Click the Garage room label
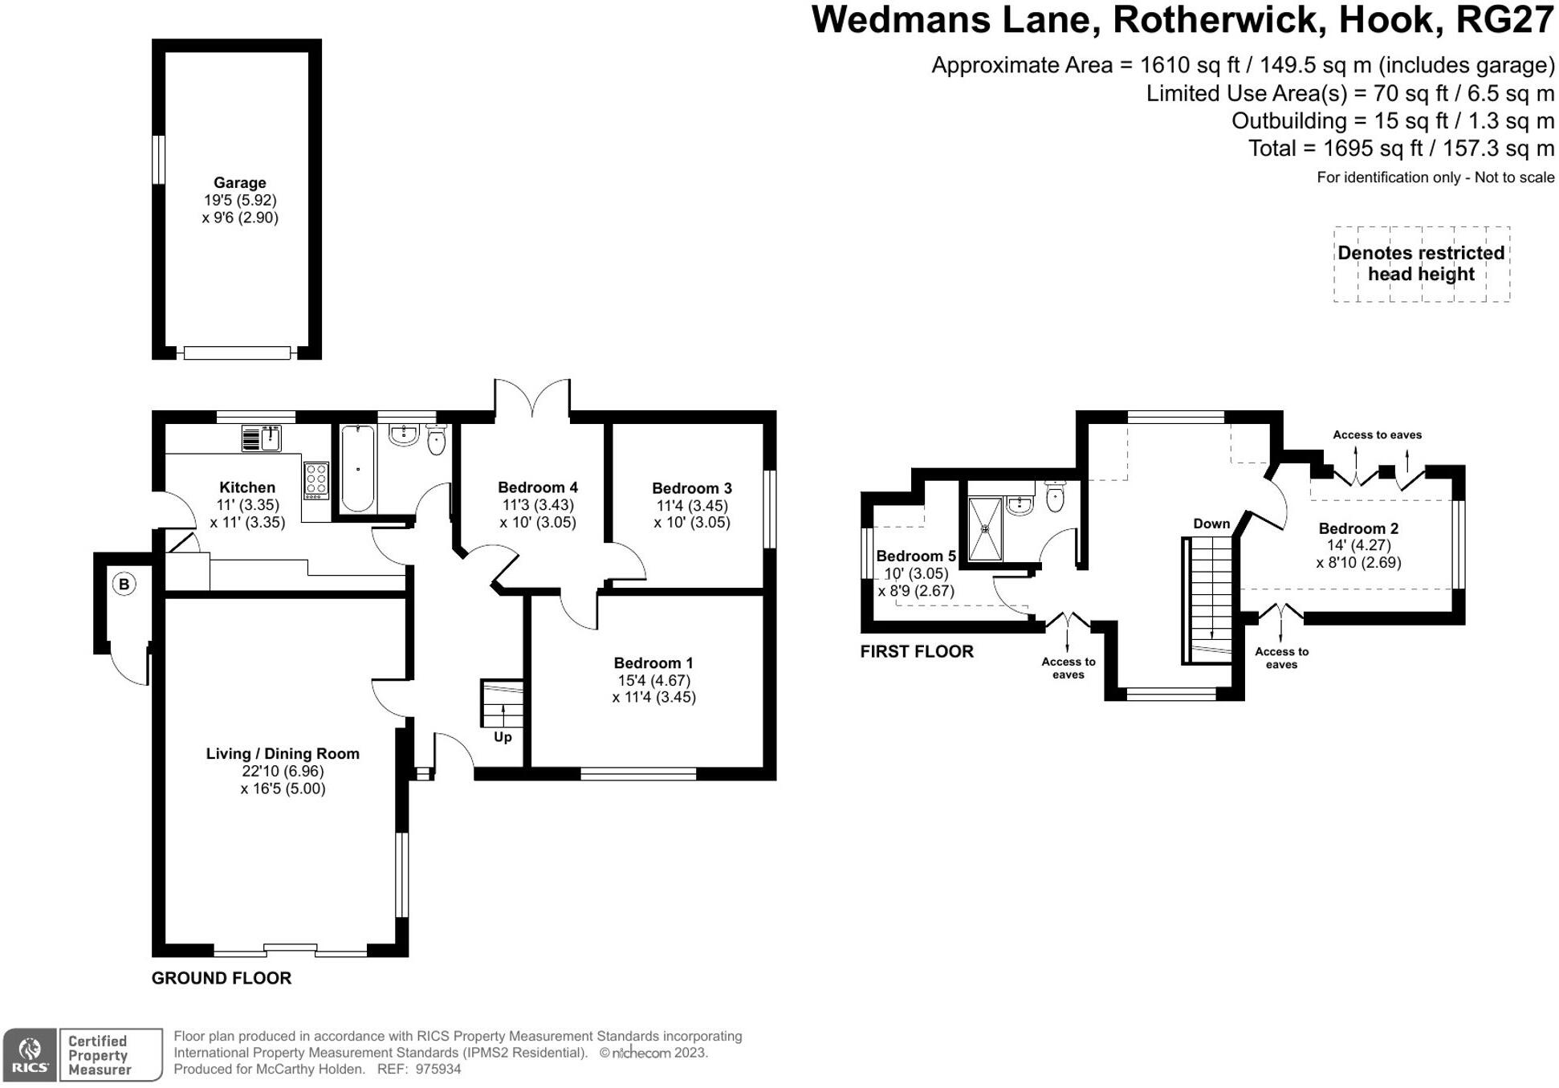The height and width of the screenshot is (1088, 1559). click(239, 183)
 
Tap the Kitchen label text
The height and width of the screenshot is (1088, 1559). click(247, 487)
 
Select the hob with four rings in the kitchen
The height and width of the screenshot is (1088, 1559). click(315, 480)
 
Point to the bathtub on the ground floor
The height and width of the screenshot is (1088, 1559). click(357, 469)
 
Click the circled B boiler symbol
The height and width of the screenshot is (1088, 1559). click(124, 584)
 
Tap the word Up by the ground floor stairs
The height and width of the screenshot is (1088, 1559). click(503, 737)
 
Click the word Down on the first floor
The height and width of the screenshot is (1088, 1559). click(1211, 524)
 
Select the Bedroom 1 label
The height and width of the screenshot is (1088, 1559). click(653, 663)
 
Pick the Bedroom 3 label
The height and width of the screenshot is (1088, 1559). click(691, 488)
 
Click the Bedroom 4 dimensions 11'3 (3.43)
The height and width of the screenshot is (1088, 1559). click(537, 505)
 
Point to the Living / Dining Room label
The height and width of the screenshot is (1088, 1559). click(283, 754)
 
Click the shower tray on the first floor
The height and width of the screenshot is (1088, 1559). click(985, 529)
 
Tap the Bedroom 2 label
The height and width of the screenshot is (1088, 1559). click(1358, 528)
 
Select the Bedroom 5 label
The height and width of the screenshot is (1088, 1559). click(916, 556)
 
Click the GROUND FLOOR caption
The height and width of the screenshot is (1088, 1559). click(222, 978)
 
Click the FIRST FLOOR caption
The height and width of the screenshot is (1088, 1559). click(917, 651)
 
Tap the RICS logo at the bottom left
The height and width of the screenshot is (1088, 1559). click(30, 1055)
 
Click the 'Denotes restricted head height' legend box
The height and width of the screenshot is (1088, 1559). click(1421, 263)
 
